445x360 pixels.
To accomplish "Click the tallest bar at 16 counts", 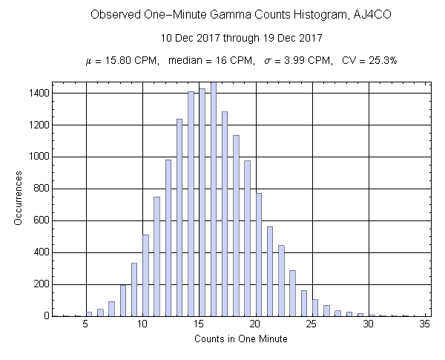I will [x=214, y=200].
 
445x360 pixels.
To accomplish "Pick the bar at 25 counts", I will [x=315, y=308].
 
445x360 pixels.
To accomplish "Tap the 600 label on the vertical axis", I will [x=42, y=220].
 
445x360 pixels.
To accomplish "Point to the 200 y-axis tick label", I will [x=42, y=284].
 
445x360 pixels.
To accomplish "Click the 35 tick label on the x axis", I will [x=425, y=324].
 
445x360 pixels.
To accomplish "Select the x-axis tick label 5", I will [x=87, y=324].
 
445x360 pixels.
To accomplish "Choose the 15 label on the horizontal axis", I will [x=200, y=324].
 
